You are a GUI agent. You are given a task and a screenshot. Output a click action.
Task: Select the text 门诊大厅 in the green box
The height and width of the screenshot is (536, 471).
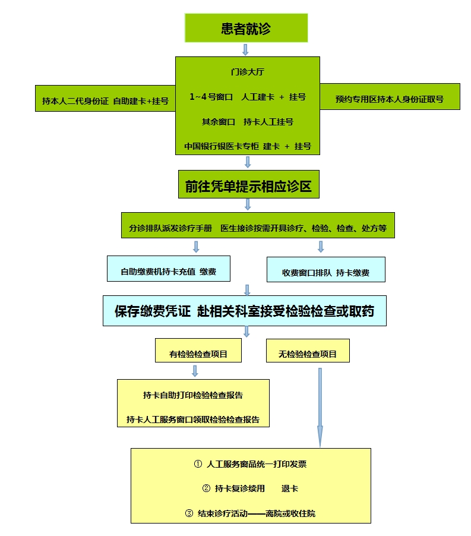pos(247,72)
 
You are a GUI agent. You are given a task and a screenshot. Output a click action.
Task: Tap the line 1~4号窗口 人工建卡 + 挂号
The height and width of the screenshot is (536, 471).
pos(247,97)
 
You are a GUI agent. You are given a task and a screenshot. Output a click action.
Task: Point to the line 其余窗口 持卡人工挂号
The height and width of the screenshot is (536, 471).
pos(247,122)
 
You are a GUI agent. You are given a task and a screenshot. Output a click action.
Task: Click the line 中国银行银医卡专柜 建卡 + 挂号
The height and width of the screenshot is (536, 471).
pos(247,146)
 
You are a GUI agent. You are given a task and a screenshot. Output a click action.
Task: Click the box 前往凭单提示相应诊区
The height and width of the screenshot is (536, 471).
pos(247,186)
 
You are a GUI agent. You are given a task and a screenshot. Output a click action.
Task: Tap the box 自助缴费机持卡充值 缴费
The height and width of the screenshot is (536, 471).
pos(168,272)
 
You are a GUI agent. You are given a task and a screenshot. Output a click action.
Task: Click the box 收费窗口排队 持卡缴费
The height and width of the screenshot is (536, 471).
pos(325,273)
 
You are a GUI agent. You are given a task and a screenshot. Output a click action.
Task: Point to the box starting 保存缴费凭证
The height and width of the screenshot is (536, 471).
pos(244,311)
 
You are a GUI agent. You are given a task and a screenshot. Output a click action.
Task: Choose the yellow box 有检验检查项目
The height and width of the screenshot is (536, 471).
pos(198,354)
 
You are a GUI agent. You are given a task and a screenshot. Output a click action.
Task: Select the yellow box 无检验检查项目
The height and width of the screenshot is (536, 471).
pos(308,354)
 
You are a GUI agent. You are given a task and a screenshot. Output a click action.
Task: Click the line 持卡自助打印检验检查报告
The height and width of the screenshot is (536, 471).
pos(193,395)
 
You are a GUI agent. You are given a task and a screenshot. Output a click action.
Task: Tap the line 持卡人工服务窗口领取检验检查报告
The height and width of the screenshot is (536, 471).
pos(193,420)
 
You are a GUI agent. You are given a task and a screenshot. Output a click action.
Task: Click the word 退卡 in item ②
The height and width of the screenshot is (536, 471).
pos(290,488)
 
